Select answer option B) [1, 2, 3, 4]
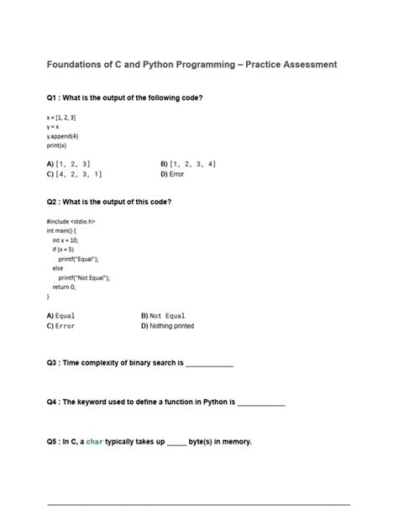(187, 164)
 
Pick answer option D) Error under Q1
(171, 174)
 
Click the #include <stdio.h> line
(71, 222)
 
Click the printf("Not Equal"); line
(84, 277)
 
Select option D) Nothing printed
(168, 325)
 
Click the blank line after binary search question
(209, 365)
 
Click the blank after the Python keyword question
(261, 403)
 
